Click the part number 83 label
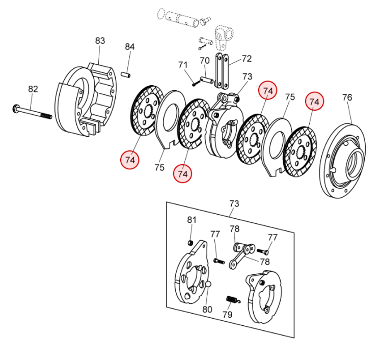click(100, 41)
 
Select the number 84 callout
click(130, 47)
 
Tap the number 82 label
click(33, 89)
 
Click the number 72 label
click(247, 59)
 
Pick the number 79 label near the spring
click(227, 314)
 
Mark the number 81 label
click(192, 220)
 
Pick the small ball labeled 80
click(208, 285)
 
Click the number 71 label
click(183, 65)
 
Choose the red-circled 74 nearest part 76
click(315, 102)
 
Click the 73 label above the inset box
click(234, 203)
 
